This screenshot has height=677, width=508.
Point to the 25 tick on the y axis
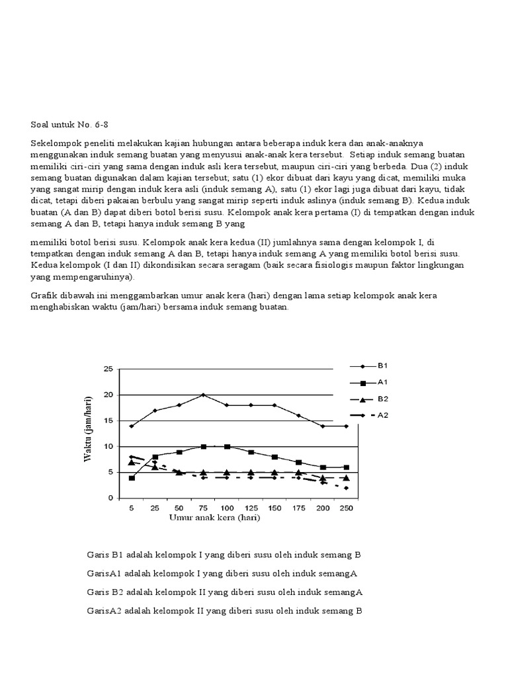109,369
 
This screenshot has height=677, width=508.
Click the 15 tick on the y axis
109,420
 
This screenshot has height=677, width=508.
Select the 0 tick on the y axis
111,498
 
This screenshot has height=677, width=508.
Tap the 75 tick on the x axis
203,508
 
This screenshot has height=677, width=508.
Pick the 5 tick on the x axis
132,508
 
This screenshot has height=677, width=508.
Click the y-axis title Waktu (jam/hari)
87,430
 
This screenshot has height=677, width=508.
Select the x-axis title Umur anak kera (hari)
214,518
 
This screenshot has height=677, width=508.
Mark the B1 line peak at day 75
203,395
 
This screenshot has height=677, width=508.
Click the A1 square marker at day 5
132,477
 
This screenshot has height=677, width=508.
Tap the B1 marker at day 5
132,426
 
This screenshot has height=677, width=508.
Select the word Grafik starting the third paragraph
44,295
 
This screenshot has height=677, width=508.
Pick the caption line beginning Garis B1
224,554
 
